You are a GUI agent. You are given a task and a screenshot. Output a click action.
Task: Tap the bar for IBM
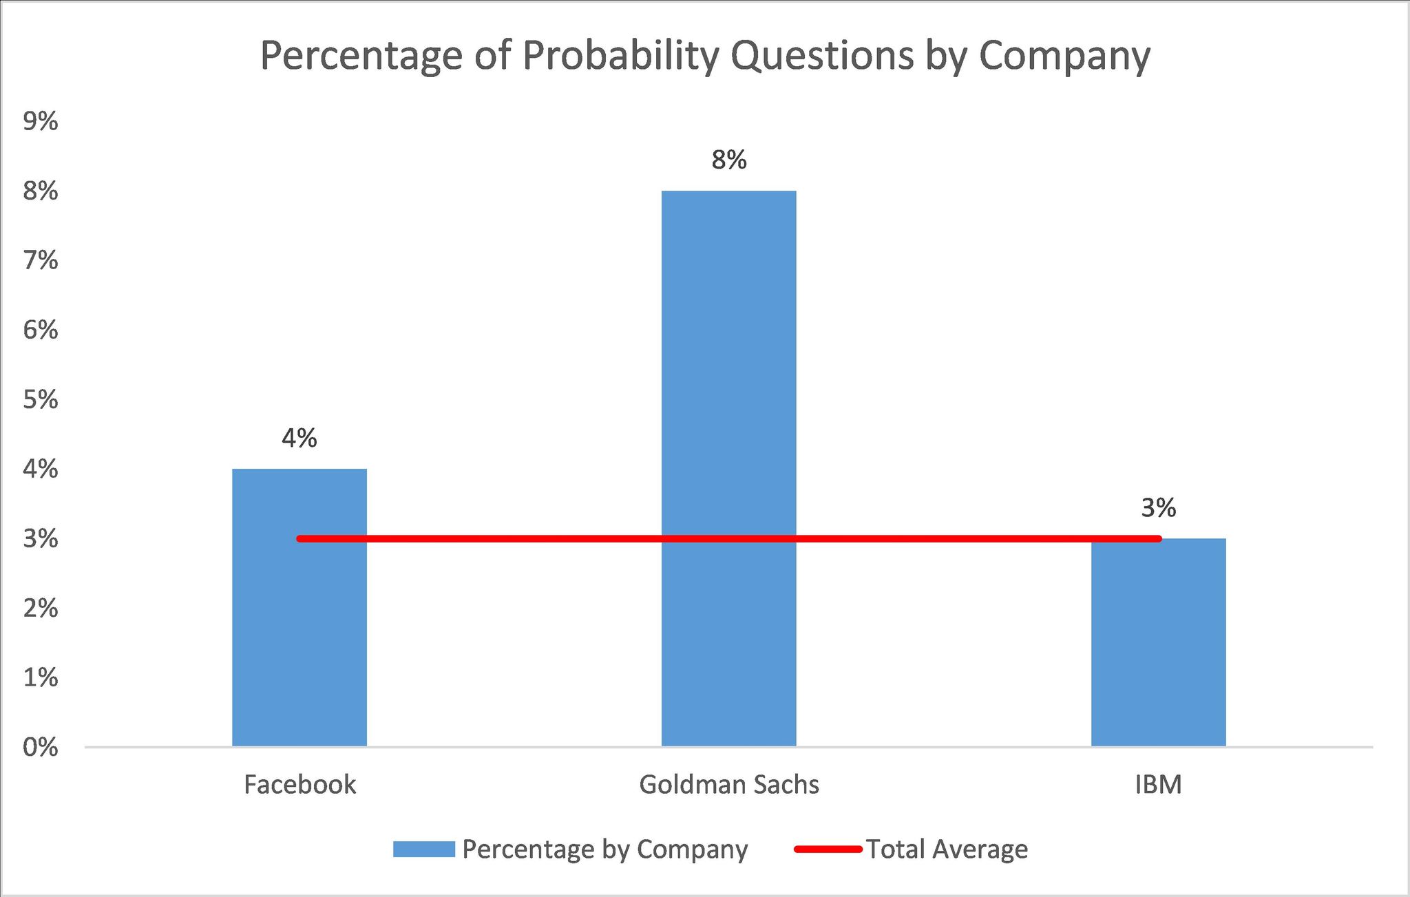1158,647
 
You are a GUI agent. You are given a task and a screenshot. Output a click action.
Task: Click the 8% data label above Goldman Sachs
729,160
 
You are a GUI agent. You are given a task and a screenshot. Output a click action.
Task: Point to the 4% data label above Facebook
299,439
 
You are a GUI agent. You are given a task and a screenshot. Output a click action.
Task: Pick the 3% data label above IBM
1158,508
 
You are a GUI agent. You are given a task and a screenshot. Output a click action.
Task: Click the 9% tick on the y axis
41,122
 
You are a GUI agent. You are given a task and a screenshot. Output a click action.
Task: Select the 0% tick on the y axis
41,748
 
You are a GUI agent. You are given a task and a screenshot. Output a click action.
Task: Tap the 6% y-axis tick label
41,330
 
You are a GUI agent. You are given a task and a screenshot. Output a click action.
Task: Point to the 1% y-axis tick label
41,678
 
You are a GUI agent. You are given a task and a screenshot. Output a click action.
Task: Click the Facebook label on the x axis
299,785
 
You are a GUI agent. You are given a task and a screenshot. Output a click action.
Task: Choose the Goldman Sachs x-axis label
729,785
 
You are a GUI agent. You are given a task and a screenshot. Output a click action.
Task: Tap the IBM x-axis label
1158,785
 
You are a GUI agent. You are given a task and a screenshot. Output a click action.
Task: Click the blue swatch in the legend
423,849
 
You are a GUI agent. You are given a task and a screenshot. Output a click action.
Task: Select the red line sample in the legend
828,849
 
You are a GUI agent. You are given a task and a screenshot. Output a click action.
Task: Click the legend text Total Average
947,849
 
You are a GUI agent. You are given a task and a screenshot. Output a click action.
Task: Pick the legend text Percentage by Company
604,849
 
